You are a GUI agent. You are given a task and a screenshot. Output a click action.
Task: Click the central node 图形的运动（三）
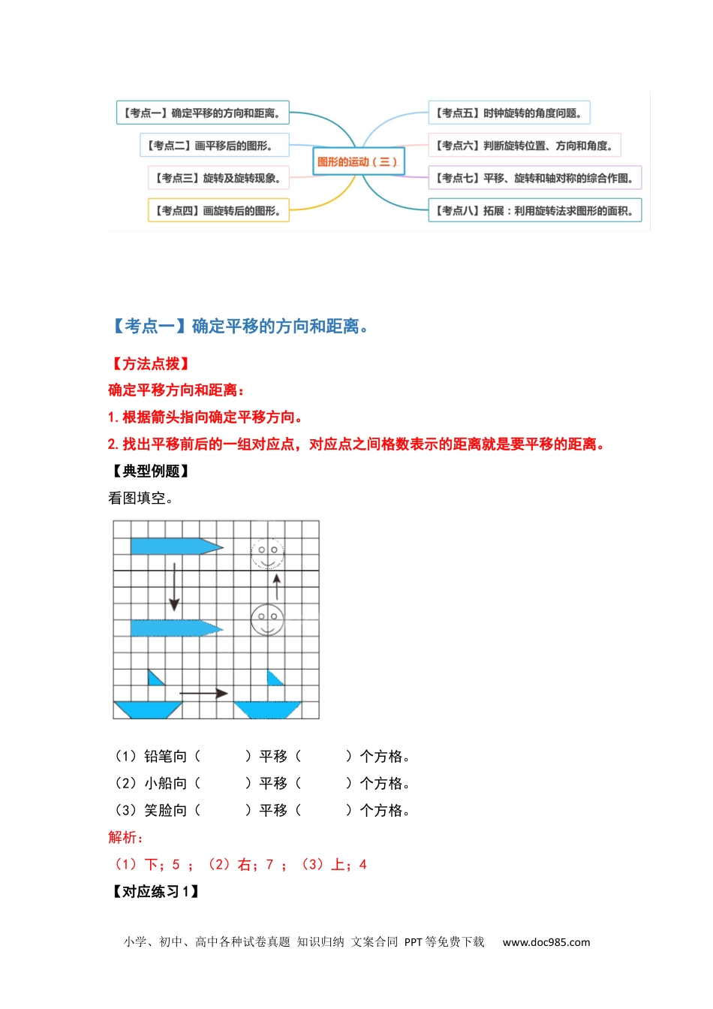(x=357, y=161)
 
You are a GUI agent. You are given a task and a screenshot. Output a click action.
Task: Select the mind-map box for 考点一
(x=203, y=113)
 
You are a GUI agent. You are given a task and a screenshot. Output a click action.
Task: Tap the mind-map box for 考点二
(x=214, y=146)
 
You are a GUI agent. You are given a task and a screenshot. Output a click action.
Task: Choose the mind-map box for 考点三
(x=218, y=178)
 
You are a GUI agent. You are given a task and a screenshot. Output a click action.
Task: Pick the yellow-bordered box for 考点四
(x=218, y=211)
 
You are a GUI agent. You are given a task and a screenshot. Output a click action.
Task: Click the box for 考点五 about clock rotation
(x=508, y=113)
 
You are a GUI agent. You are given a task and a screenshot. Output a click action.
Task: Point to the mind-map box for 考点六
(x=524, y=146)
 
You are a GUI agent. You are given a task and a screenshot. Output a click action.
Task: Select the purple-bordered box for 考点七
(x=534, y=178)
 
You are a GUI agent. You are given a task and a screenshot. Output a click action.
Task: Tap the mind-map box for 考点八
(x=534, y=211)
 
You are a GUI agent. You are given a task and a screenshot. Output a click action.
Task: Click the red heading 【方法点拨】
(x=150, y=364)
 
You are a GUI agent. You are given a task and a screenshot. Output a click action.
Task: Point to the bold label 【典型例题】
(x=150, y=471)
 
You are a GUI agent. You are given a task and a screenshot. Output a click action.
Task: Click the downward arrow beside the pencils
(x=174, y=586)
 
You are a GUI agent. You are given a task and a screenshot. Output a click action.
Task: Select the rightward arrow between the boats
(x=203, y=693)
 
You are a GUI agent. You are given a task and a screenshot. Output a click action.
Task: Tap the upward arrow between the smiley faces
(x=277, y=586)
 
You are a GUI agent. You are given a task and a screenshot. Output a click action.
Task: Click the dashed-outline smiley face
(x=267, y=554)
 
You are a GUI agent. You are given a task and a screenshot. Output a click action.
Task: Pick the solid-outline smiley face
(x=267, y=620)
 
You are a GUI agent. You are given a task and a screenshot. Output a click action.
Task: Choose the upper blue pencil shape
(x=176, y=547)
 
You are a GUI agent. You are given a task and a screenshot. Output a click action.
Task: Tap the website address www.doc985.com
(x=546, y=942)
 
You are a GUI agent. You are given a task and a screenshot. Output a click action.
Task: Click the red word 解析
(x=125, y=838)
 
